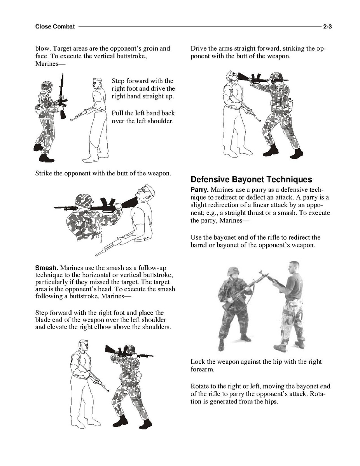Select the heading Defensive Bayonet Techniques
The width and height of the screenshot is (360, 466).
(251, 179)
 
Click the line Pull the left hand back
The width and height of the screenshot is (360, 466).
(143, 113)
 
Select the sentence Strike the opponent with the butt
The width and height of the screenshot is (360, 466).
(103, 173)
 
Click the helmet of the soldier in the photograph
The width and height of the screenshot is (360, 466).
(233, 272)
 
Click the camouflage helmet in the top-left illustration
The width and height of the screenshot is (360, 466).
(47, 86)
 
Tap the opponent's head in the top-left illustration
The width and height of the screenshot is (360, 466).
(98, 83)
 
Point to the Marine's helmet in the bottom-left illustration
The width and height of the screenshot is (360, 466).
(130, 349)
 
